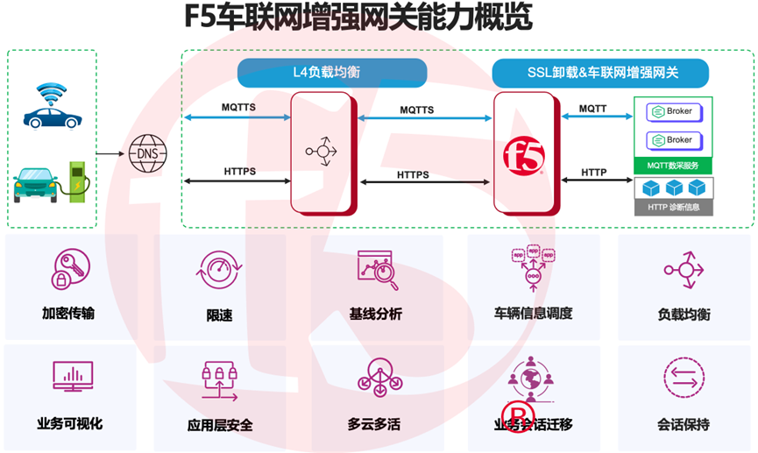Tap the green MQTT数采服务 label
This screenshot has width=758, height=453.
click(x=673, y=165)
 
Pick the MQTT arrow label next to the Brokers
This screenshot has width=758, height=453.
click(x=592, y=110)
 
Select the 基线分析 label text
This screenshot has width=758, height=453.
click(x=375, y=315)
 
